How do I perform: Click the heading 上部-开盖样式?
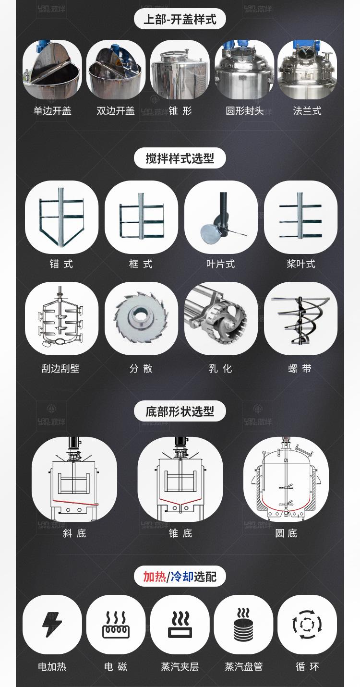pos(180,19)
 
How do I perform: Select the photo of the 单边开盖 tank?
pos(52,70)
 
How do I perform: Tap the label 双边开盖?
pos(116,111)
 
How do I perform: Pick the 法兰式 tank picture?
pos(307,70)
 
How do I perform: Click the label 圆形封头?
pos(244,111)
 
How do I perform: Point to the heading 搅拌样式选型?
pos(180,158)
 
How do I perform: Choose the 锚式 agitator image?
pos(61,217)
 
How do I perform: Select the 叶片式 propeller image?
pos(221,217)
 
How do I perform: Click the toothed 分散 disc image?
pos(141,318)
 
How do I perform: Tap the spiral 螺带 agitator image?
pos(300,318)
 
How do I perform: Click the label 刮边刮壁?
pos(60,369)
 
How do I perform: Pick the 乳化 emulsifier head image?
pos(221,318)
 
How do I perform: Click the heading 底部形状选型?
pos(180,411)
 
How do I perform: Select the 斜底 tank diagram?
pos(74,479)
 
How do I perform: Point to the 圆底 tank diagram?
pos(286,479)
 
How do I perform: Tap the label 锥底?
pos(180,533)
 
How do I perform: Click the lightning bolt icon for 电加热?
pos(52,624)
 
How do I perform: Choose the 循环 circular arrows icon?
pos(307,624)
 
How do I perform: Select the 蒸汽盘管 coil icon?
pos(243,624)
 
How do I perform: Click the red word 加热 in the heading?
pos(155,576)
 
